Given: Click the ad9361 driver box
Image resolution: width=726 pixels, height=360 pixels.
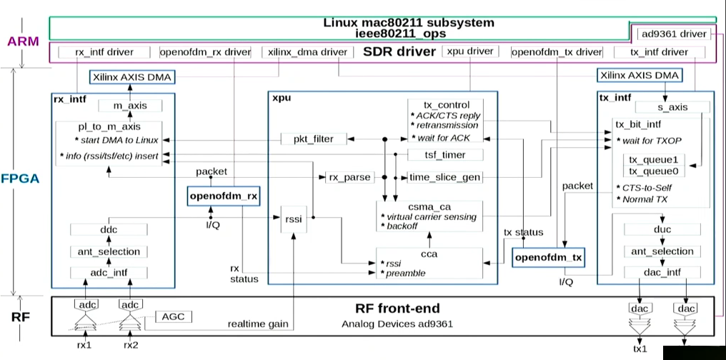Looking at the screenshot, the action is point(674,34).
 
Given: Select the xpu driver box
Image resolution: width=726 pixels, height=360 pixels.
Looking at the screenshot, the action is point(470,51).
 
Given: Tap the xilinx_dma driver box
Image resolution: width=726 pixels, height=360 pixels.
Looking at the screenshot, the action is point(307,52).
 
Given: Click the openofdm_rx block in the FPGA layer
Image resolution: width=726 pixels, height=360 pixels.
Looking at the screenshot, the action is point(223,196).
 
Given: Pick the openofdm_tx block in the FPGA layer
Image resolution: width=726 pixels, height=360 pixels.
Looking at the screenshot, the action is point(549,257).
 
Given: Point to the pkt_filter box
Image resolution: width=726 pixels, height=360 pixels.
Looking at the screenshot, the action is point(314,139).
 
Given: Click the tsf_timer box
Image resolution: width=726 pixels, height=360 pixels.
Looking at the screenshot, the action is point(445,154).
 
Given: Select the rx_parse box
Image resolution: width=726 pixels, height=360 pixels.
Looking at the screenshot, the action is point(349,177).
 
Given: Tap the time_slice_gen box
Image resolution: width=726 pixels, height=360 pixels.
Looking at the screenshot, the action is point(445,177).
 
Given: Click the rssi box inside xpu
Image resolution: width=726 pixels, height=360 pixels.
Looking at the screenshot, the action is point(294,219).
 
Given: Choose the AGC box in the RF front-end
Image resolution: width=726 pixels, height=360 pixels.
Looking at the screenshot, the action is point(173,317).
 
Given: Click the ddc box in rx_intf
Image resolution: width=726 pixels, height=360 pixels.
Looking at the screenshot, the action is point(109,230).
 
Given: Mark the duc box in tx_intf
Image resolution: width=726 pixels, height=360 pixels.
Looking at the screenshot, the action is point(662,229).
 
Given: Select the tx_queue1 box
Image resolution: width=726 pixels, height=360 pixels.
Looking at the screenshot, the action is point(653,159).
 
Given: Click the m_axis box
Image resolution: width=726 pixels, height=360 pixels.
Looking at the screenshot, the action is point(130,106).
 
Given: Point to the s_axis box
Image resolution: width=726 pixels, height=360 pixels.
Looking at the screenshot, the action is point(672,107).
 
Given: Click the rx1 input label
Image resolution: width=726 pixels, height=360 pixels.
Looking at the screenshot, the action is point(85,345).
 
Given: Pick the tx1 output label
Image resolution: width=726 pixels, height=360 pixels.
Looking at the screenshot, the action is point(640,349).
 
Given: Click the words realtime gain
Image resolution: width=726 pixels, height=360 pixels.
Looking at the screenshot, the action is point(257,324).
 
